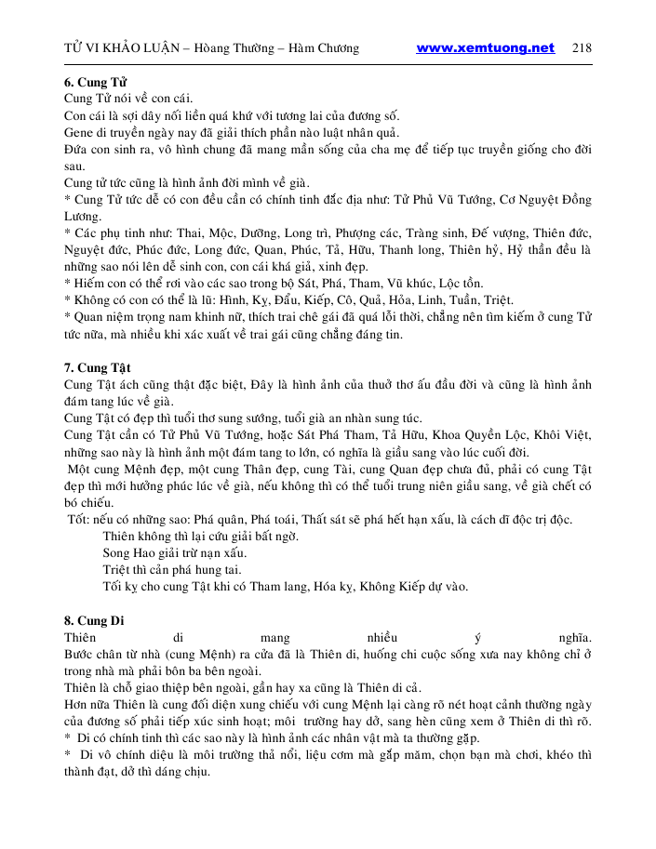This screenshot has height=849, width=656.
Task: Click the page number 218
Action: [583, 48]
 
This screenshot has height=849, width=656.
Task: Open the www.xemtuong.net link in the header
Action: [485, 48]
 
